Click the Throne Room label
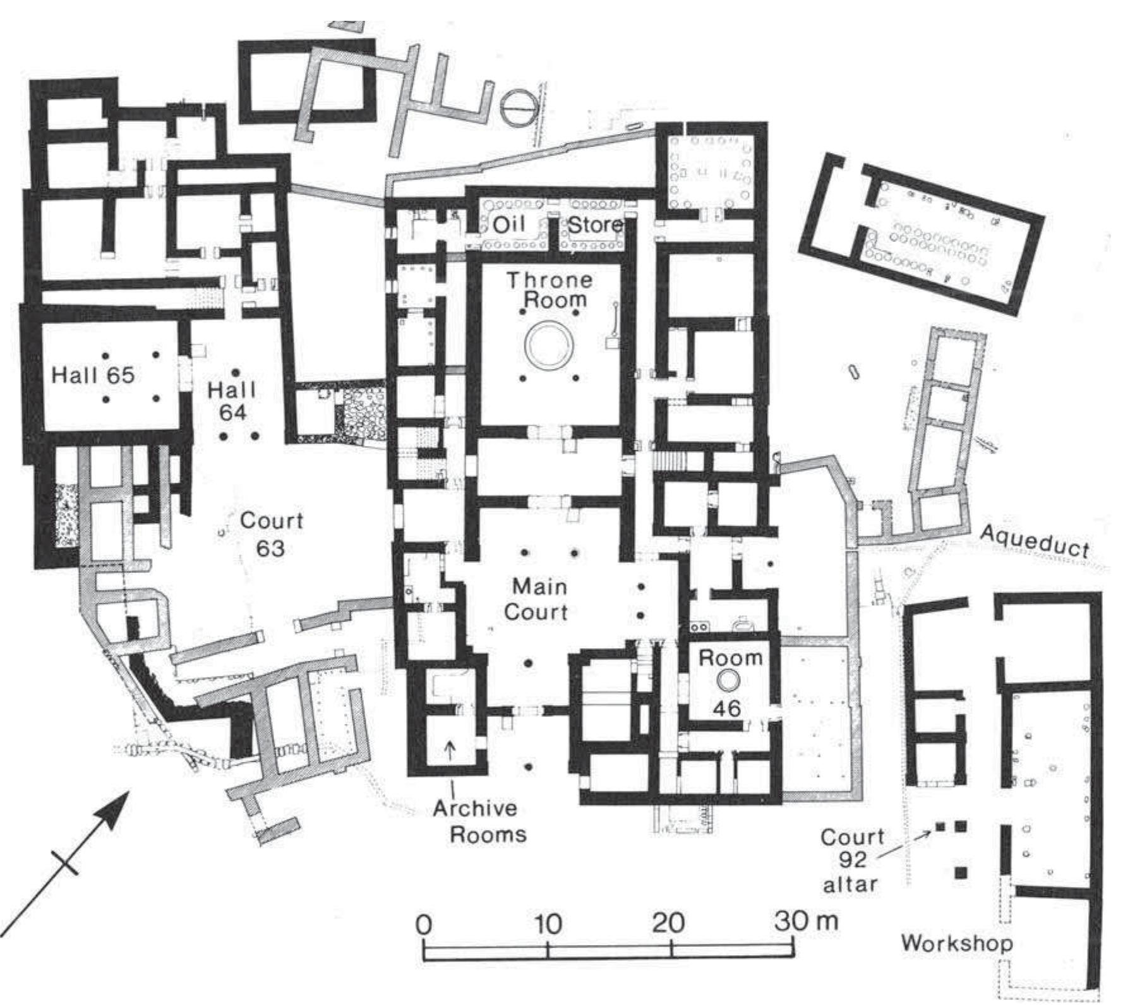click(549, 289)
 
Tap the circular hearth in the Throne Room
click(549, 345)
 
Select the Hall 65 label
click(93, 375)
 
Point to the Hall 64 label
click(232, 400)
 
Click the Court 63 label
click(272, 534)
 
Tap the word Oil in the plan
click(508, 224)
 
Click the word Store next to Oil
click(595, 225)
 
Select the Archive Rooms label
click(480, 821)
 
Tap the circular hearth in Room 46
click(728, 680)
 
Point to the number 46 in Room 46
click(727, 708)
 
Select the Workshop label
click(956, 943)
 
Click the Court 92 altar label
click(851, 860)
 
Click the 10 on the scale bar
click(548, 924)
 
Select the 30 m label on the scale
click(805, 921)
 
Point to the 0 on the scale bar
click(424, 925)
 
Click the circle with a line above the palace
click(520, 108)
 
